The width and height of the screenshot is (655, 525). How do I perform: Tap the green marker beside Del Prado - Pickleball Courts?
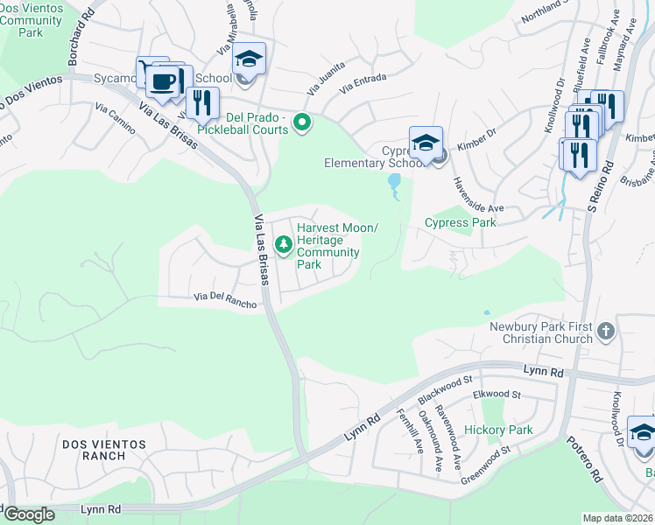click(303, 122)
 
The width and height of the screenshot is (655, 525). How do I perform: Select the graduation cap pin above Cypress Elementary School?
click(426, 142)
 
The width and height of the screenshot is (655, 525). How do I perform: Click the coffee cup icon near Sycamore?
click(162, 81)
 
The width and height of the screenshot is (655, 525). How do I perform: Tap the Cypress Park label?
click(460, 222)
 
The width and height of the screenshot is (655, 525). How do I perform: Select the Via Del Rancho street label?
click(225, 299)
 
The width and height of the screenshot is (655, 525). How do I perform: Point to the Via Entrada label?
click(363, 84)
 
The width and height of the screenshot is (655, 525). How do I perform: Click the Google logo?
click(28, 514)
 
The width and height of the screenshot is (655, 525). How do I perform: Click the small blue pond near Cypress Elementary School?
click(394, 182)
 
